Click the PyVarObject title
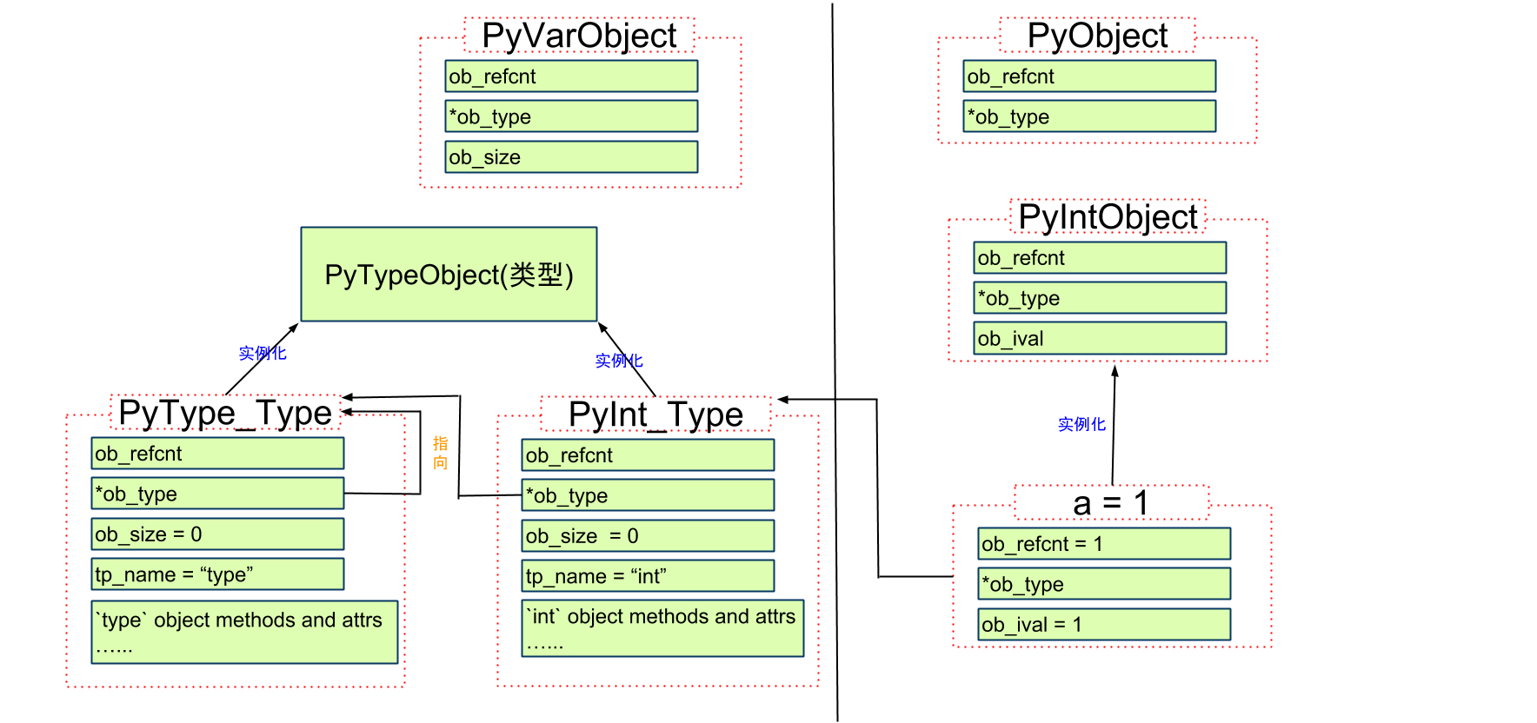tap(579, 36)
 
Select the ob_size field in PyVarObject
tap(571, 157)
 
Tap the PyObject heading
tap(1097, 36)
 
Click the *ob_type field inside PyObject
tap(1089, 116)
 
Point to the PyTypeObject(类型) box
tap(449, 275)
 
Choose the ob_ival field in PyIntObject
tap(1100, 338)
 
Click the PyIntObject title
tap(1108, 217)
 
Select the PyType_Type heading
tap(225, 413)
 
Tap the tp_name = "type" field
tap(217, 574)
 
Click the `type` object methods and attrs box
tap(244, 632)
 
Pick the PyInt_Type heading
tap(655, 415)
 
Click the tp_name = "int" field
tap(648, 576)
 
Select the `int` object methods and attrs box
tap(662, 628)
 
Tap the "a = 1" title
tap(1111, 503)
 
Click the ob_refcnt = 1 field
tap(1104, 544)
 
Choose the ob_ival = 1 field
tap(1104, 625)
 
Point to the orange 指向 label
tap(441, 453)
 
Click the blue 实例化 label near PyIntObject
tap(1081, 424)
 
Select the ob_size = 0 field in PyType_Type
tap(217, 534)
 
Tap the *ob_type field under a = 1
tap(1104, 584)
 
